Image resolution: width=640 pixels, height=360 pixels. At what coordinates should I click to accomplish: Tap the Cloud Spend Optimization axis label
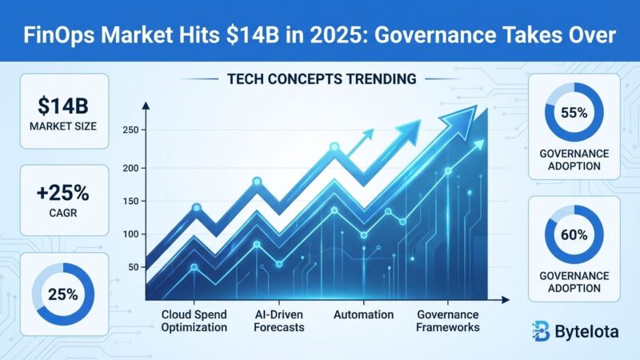(x=194, y=320)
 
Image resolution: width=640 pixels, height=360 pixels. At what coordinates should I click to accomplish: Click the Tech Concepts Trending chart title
(x=320, y=80)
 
